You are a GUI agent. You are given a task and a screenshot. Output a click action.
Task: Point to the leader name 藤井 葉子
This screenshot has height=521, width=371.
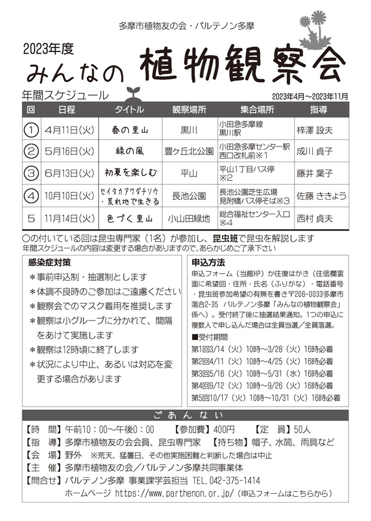point(315,173)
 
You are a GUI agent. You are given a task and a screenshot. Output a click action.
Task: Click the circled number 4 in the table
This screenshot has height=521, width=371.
point(32,196)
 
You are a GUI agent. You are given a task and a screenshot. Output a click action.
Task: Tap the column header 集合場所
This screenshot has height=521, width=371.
point(257,110)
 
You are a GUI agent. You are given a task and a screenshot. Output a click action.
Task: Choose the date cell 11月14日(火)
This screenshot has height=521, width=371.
point(69,217)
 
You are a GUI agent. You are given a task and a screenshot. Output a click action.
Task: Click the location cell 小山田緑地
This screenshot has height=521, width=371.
point(189,218)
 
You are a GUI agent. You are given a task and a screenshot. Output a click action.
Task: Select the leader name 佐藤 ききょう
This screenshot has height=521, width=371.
point(322,196)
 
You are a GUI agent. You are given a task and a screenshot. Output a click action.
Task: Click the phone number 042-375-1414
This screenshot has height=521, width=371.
point(234,481)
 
